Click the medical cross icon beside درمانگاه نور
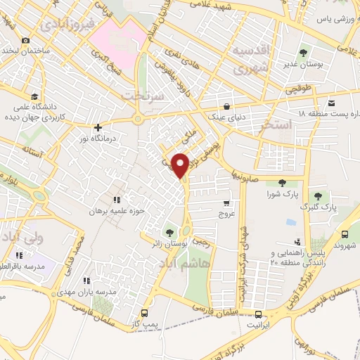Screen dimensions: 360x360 pos(98,127)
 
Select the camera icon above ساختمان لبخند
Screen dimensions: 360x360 pos(25,41)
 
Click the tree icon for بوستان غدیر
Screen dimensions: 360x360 pos(304,52)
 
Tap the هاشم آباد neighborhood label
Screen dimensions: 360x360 pos(186,259)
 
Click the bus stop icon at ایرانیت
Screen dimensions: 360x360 pos(259,314)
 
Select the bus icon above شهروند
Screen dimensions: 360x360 pos(346,235)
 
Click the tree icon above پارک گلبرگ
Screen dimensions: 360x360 pos(319,195)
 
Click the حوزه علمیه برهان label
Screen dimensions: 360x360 pos(116,210)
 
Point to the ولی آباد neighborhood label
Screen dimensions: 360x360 pos(22,238)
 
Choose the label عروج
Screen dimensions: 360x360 pos(225,212)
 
